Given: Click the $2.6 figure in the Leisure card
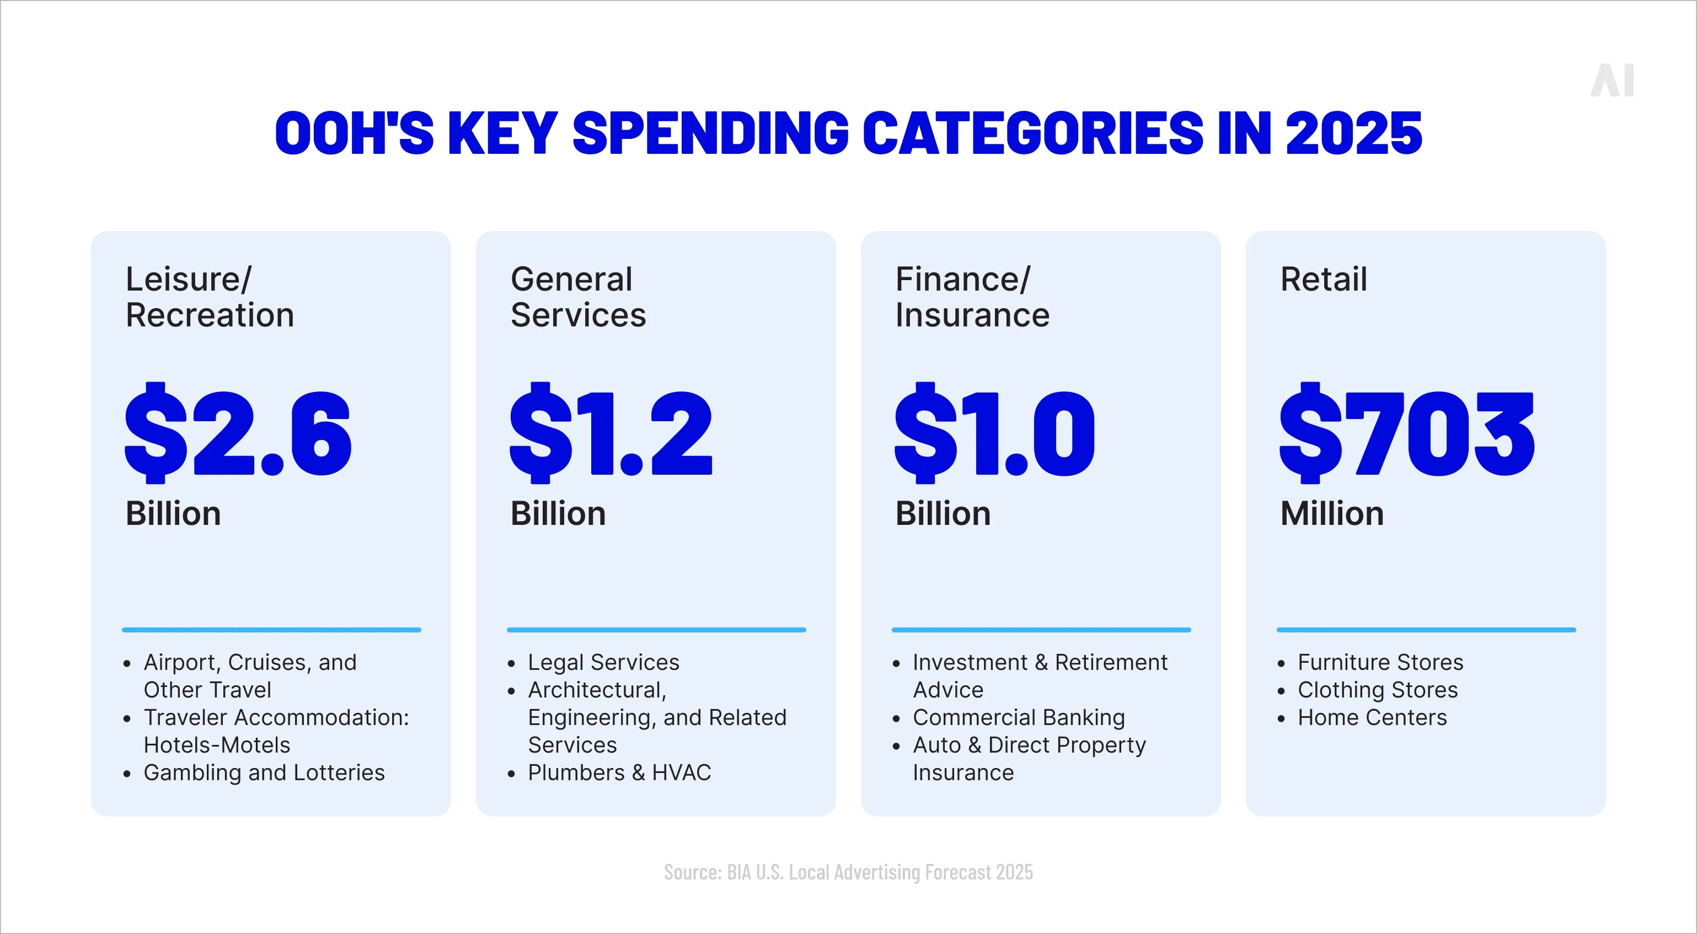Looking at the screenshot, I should coord(238,433).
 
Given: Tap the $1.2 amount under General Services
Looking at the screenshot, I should coord(611,433).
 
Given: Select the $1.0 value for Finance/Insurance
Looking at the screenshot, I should coord(995,433).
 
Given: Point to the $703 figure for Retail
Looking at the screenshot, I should coord(1407,433).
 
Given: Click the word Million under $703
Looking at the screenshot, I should coord(1331,514).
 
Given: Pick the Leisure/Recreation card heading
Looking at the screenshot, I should coord(210,297).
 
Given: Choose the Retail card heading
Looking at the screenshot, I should coord(1324,280).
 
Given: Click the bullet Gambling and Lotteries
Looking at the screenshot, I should coord(264,772).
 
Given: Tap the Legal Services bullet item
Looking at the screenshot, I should coord(603,662).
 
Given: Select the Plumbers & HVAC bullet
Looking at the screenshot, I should coord(619,772).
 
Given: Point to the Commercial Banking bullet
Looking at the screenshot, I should coord(1019,717).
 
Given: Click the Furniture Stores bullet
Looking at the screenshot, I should coord(1380,662).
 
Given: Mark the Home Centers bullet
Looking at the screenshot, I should coord(1372,717).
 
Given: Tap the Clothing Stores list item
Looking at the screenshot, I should coord(1378,690).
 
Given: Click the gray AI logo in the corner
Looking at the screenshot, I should coord(1612,81).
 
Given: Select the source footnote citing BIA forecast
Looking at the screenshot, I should coord(848,872).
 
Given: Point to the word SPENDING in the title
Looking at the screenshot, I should coord(710,134).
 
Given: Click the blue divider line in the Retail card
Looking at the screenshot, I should coord(1426,630).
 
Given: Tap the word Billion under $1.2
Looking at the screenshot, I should coord(558,514).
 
